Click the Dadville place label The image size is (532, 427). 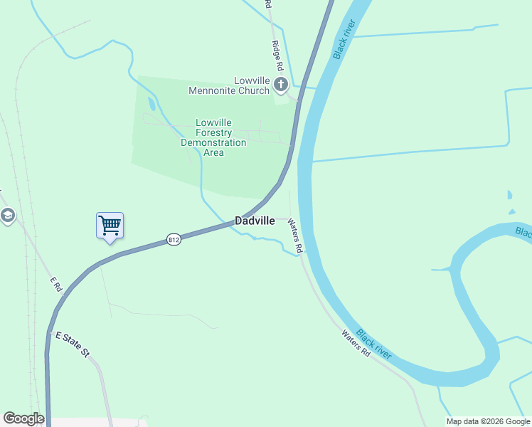[x=255, y=221]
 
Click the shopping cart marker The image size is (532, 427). [x=110, y=226]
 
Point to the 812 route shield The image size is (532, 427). [x=174, y=240]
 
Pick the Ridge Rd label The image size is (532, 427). [x=277, y=55]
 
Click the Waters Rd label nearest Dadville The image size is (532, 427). [x=295, y=236]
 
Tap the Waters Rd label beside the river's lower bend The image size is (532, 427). [x=356, y=343]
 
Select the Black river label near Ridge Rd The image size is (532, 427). [x=344, y=38]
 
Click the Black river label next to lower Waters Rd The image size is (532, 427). [x=373, y=342]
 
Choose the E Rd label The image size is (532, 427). [x=57, y=283]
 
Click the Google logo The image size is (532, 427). [x=23, y=418]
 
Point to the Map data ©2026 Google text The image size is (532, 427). [x=488, y=421]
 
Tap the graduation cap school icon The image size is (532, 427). [x=7, y=215]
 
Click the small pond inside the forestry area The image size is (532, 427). [x=150, y=103]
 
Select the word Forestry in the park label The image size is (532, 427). [x=213, y=132]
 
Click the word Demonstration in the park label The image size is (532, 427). [x=213, y=142]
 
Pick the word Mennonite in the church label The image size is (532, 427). [x=229, y=90]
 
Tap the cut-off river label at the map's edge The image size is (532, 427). [x=523, y=233]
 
